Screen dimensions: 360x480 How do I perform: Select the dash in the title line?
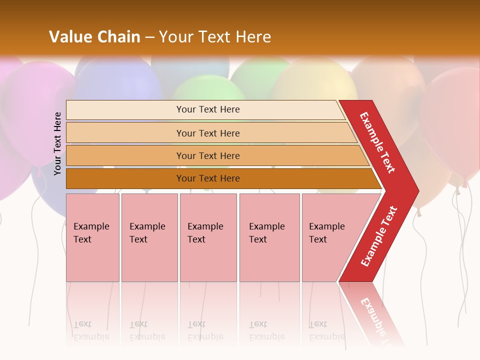149,37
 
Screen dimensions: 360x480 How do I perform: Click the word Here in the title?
253,37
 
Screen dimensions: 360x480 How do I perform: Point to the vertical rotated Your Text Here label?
57,143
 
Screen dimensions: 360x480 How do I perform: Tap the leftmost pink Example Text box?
92,237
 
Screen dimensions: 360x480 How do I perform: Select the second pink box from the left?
149,237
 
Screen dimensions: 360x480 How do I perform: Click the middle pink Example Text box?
208,237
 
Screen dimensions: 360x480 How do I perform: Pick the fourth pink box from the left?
269,237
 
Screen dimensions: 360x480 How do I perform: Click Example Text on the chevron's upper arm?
377,142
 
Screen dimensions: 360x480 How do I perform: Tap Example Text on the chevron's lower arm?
378,236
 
